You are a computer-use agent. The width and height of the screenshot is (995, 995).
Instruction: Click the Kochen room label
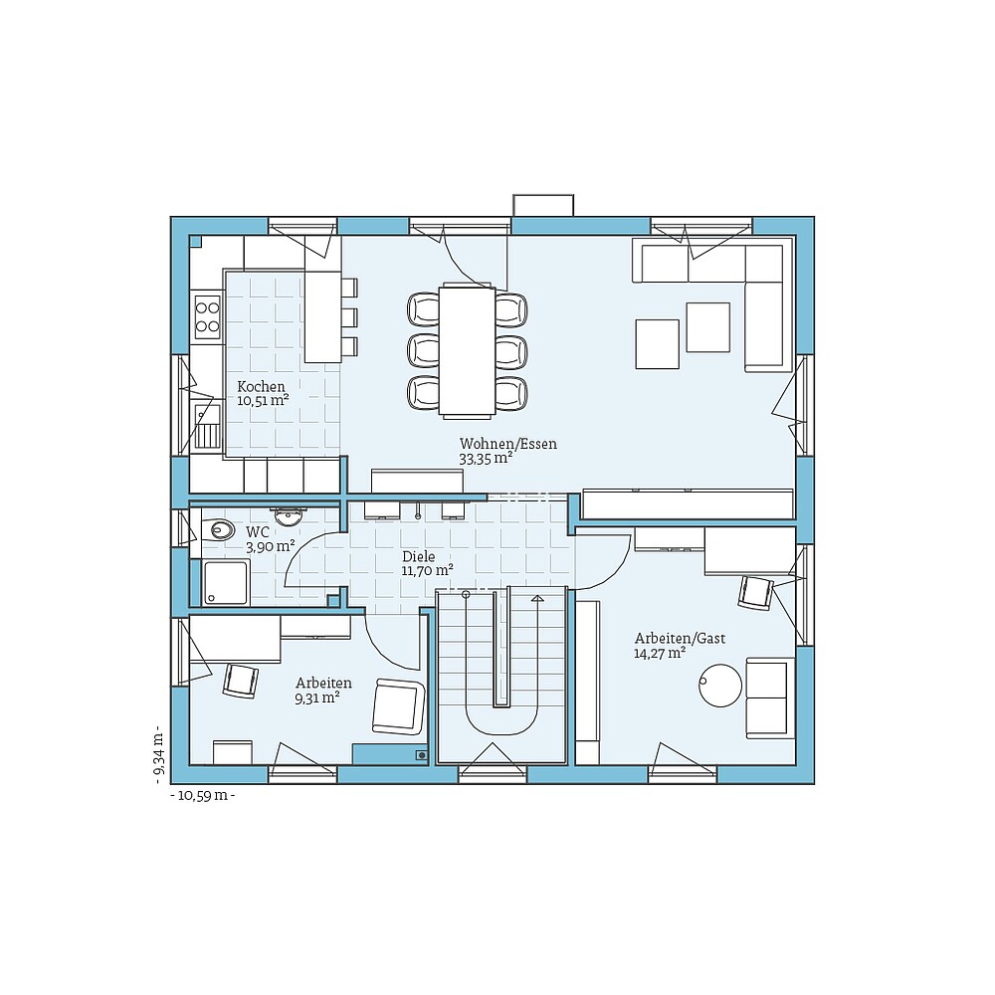coord(261,386)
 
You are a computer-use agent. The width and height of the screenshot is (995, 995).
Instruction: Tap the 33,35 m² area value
coord(486,459)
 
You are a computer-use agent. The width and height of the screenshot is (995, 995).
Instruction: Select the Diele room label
coord(419,556)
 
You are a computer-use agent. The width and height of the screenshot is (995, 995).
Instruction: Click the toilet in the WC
coord(222,529)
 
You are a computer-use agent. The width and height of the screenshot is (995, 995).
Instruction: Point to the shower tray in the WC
coord(226,583)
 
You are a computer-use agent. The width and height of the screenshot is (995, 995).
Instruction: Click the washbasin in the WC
coord(290,516)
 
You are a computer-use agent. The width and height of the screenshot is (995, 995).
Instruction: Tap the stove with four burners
coord(207,315)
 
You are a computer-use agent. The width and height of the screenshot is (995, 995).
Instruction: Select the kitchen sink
coord(207,426)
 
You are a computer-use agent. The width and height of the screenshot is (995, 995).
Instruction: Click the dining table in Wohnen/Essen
coord(467,349)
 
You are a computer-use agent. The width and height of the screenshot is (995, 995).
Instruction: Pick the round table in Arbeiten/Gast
coord(720,686)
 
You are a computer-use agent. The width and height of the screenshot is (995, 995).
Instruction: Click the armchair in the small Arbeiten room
coord(397,706)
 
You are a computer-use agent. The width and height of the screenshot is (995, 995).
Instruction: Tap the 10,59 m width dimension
coord(203,795)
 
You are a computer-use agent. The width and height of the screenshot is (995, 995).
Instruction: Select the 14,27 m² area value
coord(660,654)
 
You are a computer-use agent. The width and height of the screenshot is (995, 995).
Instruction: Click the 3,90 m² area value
coord(270,546)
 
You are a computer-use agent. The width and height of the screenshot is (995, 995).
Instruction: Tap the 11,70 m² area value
coord(427,571)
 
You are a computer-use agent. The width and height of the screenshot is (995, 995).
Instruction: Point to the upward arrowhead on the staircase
coord(537,599)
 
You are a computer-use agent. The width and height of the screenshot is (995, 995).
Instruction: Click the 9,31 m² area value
coord(317,698)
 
